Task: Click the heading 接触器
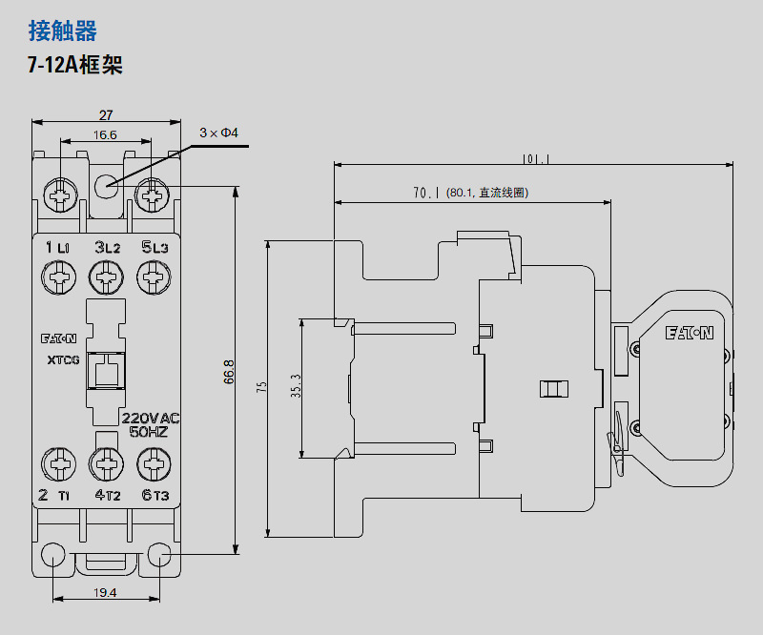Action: click(63, 31)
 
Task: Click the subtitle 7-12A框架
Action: click(75, 66)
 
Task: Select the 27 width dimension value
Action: click(106, 115)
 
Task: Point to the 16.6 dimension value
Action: click(105, 135)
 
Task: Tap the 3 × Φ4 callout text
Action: click(217, 133)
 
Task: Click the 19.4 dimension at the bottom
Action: click(105, 592)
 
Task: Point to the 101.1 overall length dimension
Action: click(537, 159)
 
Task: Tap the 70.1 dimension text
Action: click(425, 193)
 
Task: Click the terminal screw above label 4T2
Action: click(106, 464)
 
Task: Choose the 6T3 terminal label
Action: click(155, 495)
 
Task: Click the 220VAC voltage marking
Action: click(151, 419)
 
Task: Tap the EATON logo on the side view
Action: click(689, 333)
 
